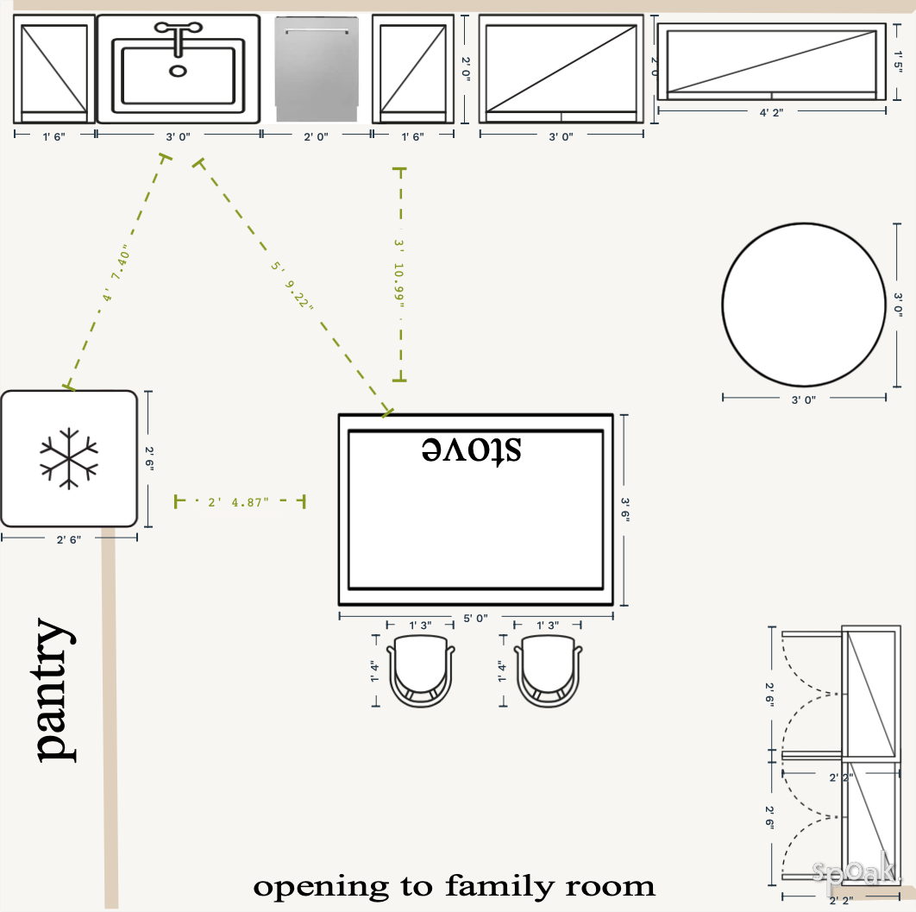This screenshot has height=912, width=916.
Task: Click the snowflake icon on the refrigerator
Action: tap(68, 457)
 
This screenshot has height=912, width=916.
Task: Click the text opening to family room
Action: tap(454, 886)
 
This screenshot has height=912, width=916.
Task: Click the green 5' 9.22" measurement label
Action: tap(292, 286)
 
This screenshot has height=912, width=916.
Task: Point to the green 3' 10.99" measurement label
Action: tap(399, 274)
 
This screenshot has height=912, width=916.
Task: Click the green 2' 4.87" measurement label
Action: tap(239, 501)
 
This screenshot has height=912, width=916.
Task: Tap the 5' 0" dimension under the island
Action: tap(475, 618)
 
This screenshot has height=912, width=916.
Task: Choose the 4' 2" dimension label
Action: tap(771, 112)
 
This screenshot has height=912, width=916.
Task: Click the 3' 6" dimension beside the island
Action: tap(626, 509)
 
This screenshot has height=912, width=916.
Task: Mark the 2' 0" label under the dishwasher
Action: tap(316, 135)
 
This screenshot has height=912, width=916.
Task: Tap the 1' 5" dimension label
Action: tap(899, 62)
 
